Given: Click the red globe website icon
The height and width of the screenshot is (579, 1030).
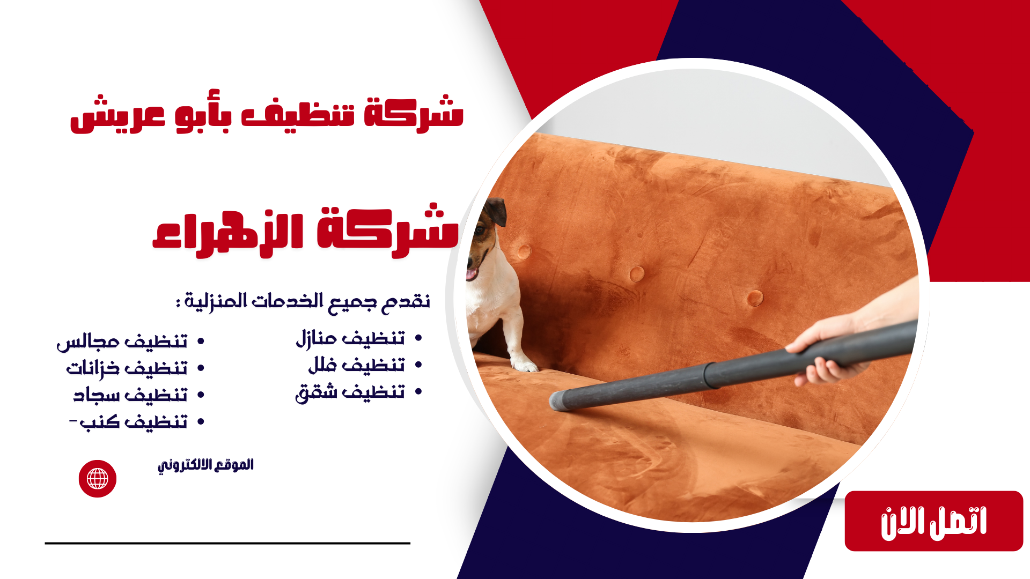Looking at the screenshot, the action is (x=98, y=479).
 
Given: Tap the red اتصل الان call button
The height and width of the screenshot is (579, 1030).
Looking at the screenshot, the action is (x=933, y=521).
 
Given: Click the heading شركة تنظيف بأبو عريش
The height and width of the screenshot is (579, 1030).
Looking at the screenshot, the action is (x=267, y=114).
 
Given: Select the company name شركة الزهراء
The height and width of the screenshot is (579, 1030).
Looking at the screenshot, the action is (x=306, y=232).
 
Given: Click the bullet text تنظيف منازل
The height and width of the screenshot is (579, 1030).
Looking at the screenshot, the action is (x=350, y=338).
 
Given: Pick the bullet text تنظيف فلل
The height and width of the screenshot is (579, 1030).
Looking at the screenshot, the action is (x=356, y=365).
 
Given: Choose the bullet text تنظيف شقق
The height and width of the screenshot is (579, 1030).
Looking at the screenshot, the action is (x=350, y=392).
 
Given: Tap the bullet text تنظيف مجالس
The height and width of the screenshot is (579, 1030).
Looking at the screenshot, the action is (x=122, y=342).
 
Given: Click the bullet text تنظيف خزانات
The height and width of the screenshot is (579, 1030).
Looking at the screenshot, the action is (x=127, y=368).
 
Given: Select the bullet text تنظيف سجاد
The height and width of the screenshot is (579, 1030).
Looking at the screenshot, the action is (x=130, y=395).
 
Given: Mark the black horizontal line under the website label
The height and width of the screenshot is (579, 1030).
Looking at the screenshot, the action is (x=227, y=543).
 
